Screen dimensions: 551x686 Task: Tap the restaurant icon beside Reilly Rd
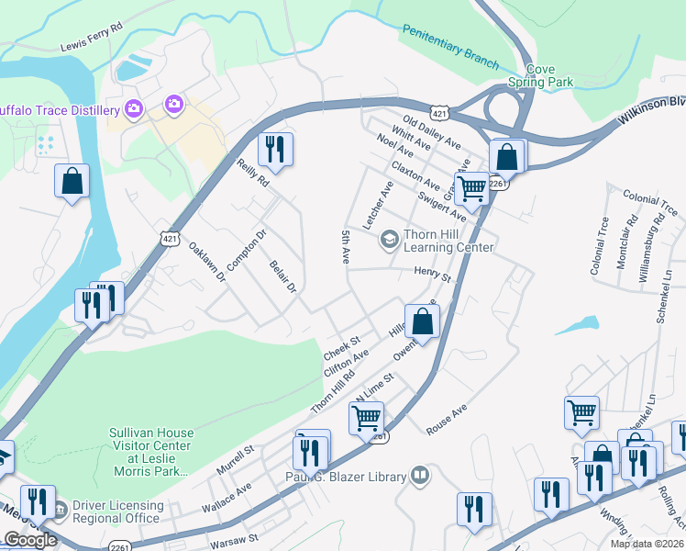point(275,149)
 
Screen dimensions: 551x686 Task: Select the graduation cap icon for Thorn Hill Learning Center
point(390,240)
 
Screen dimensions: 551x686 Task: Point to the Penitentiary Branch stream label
point(450,47)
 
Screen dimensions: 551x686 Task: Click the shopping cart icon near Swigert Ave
point(471,187)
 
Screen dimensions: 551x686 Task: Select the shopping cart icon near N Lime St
point(366,418)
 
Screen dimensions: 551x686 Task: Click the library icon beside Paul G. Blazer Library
point(420,475)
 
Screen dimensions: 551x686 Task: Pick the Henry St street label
point(433,274)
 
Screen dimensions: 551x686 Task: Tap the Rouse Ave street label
point(447,419)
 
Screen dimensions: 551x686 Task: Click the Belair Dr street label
point(283,276)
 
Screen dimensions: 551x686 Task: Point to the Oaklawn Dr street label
point(207,264)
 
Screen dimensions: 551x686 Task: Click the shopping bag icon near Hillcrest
point(422,321)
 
